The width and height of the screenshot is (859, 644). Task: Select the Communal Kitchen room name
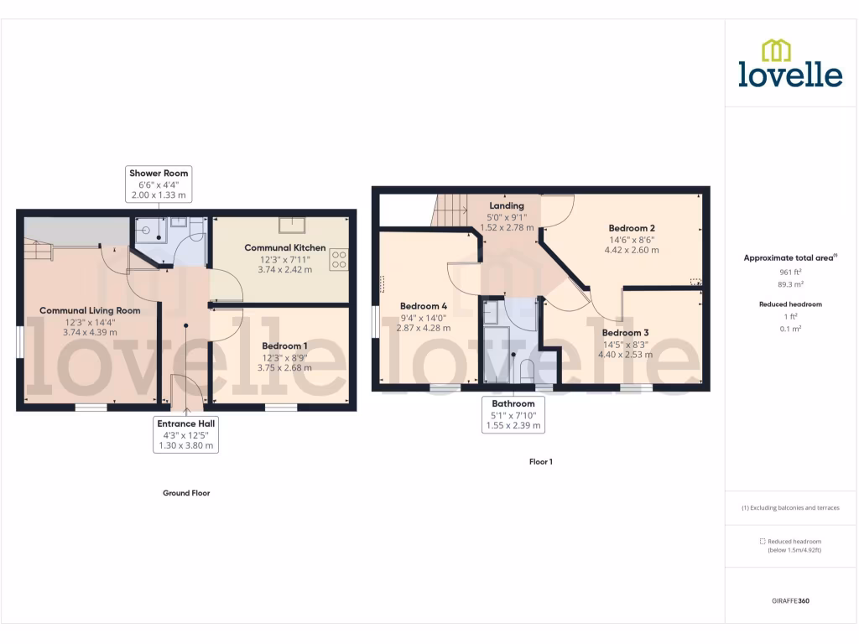284,247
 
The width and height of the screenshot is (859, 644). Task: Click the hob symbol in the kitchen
339,260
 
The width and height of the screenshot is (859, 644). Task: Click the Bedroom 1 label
284,345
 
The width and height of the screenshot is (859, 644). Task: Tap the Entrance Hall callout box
186,434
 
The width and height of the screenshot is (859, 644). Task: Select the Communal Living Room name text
90,310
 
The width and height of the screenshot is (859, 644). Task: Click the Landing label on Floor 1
507,205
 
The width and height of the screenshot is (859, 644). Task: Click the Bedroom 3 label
625,333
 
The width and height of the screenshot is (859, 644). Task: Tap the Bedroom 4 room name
423,306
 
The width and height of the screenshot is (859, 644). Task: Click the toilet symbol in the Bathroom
527,371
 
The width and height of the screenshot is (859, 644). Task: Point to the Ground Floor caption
186,493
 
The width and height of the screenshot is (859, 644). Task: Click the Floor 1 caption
541,462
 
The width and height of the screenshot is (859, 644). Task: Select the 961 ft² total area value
791,272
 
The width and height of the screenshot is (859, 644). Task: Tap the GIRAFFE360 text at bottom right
791,601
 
